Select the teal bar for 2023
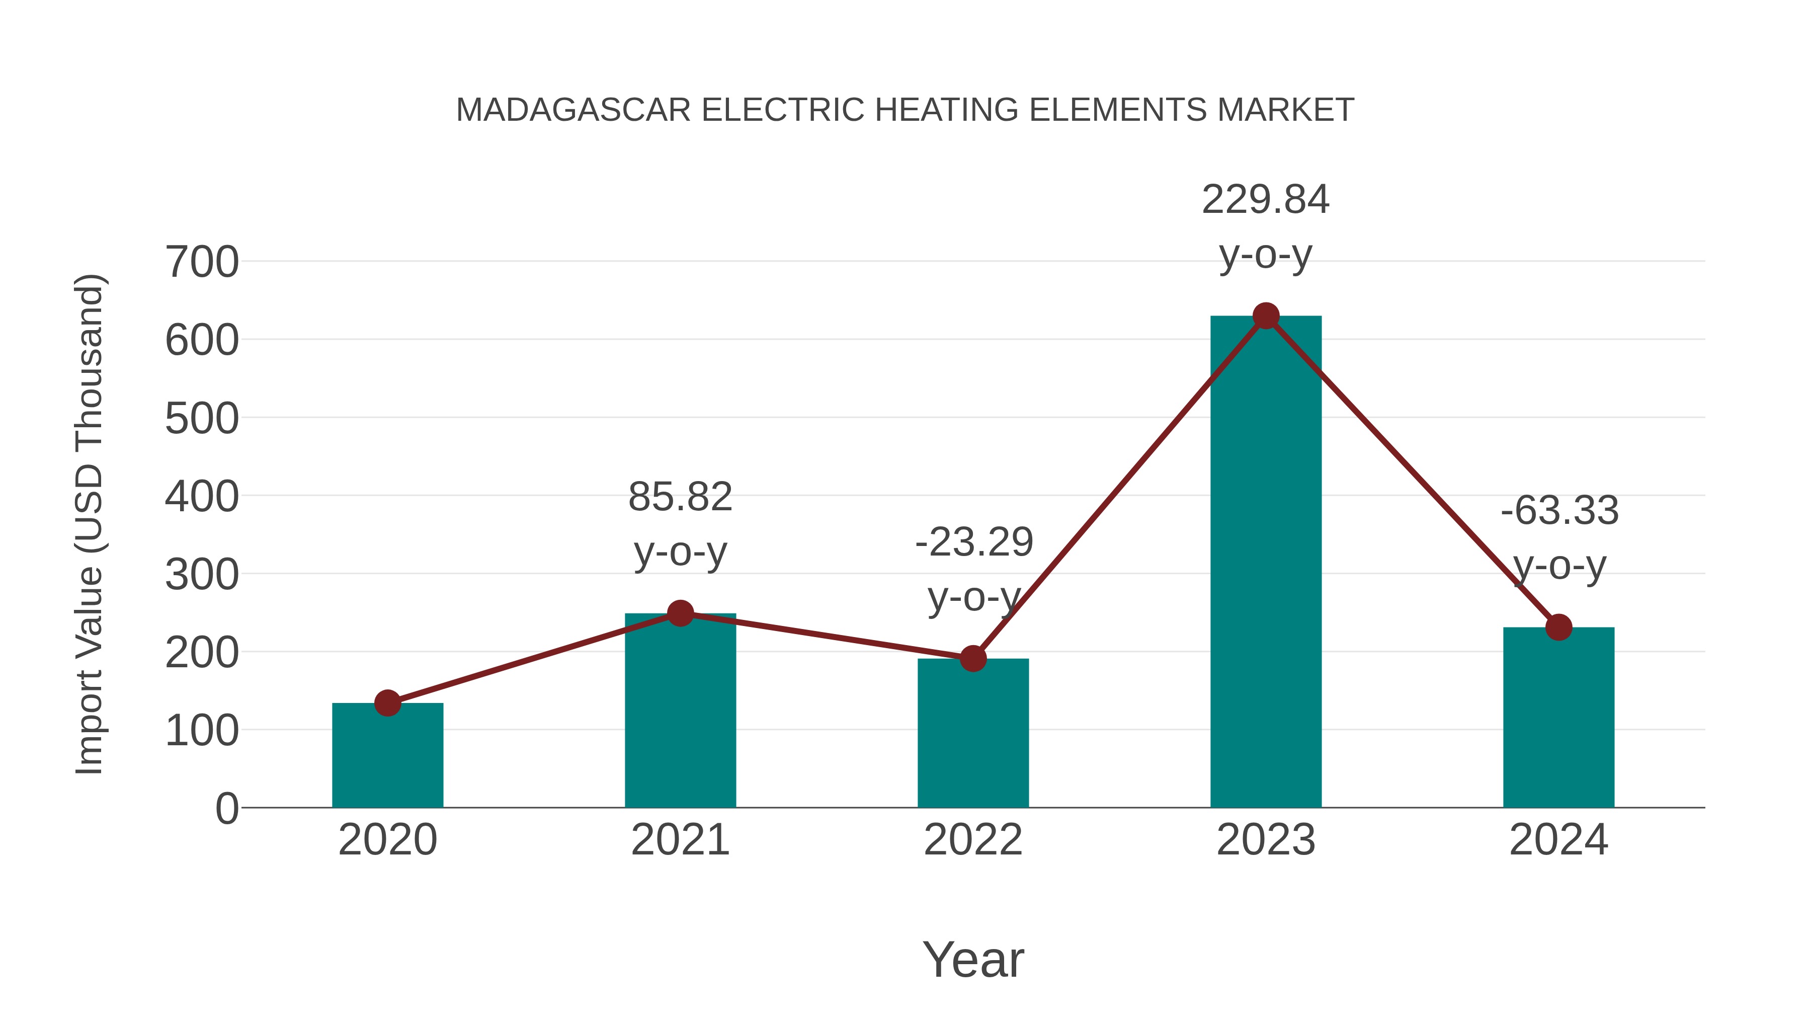click(x=1266, y=563)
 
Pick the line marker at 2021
click(x=680, y=613)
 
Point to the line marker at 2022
click(x=973, y=659)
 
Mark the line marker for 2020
click(x=387, y=702)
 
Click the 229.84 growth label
click(x=1266, y=200)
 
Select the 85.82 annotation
click(x=680, y=498)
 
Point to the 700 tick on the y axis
click(x=202, y=263)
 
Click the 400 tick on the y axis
click(x=202, y=497)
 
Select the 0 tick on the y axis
click(x=227, y=809)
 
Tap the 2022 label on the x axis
click(x=973, y=840)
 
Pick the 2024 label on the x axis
click(x=1558, y=840)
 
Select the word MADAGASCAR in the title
click(x=573, y=110)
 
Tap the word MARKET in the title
click(x=1285, y=110)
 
